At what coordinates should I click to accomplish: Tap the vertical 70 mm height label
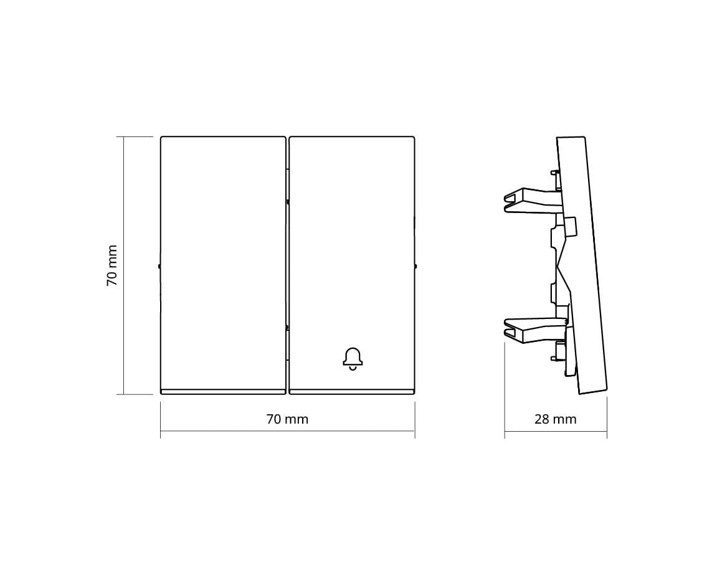coord(112,266)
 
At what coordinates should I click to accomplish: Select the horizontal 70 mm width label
coord(287,419)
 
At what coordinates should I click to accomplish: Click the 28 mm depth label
coord(556,419)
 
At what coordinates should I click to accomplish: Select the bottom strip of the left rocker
coord(223,391)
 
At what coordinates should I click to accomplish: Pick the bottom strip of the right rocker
coord(351,391)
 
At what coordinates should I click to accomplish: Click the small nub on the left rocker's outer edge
coord(159,266)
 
